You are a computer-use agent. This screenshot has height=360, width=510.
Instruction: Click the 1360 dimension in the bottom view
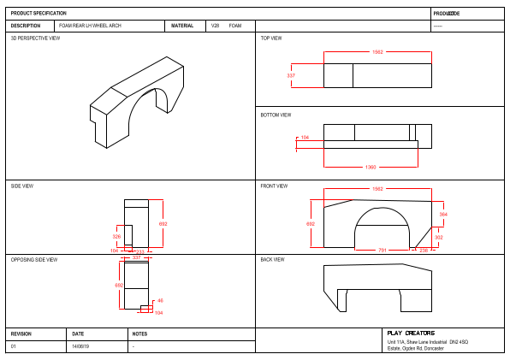(x=370, y=167)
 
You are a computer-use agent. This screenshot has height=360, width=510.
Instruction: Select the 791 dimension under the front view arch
(x=383, y=250)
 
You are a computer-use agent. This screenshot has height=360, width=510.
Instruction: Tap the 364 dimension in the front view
(x=442, y=215)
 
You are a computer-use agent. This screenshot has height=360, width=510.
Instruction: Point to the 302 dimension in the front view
(x=438, y=237)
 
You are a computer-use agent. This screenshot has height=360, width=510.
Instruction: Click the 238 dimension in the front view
(x=423, y=250)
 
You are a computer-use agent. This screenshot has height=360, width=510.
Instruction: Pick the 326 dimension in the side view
(x=116, y=236)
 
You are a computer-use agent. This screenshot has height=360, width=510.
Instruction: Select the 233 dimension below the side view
(x=140, y=251)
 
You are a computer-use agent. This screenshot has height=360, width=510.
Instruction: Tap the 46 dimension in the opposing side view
(x=160, y=301)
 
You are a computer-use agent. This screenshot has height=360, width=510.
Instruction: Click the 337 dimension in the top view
(x=291, y=76)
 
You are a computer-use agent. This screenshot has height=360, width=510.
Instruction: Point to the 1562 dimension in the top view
(x=377, y=52)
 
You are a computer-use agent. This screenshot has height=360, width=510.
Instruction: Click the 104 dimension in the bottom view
(x=305, y=137)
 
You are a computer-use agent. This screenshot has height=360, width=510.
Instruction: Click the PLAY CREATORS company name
(x=411, y=333)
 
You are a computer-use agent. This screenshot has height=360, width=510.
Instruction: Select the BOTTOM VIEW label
(x=276, y=115)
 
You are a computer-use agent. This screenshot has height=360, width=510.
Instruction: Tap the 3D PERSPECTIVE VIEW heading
(x=35, y=38)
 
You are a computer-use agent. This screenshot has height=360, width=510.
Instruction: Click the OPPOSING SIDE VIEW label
(x=34, y=259)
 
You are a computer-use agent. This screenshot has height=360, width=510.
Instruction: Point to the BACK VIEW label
(x=272, y=259)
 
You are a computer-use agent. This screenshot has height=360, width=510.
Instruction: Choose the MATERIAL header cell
(x=182, y=26)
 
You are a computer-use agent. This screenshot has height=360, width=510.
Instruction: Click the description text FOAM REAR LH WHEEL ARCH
(x=90, y=26)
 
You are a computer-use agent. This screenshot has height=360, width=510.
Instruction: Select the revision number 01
(x=13, y=346)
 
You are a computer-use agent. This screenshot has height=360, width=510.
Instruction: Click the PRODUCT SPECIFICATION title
(x=39, y=14)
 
